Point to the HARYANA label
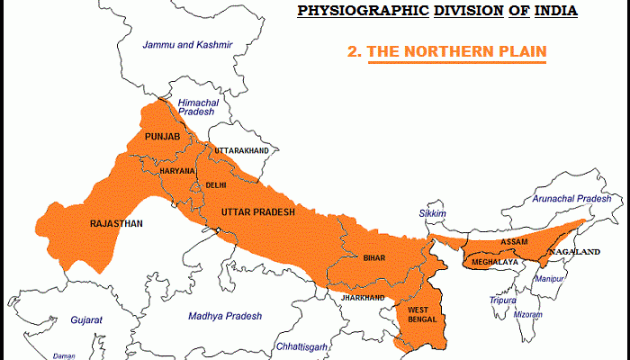point(176,170)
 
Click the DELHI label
point(216,184)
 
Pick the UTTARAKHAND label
point(240,150)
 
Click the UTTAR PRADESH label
point(257,211)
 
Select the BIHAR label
point(373,257)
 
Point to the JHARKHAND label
point(362,297)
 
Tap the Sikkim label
point(432,213)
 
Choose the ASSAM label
point(515,243)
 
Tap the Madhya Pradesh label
point(225,316)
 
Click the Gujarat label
point(87,319)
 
